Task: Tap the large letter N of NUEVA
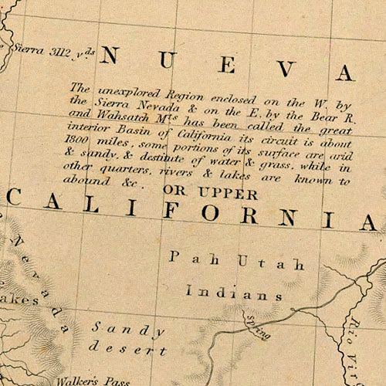click(x=109, y=56)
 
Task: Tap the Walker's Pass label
click(x=87, y=380)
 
